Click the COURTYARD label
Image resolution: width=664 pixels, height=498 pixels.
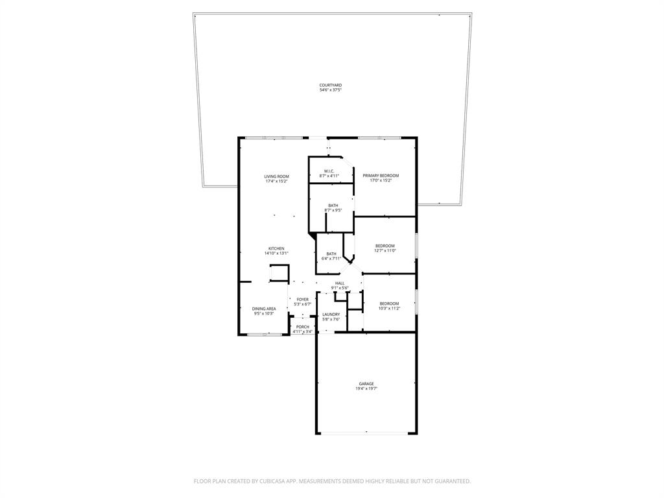[330, 85]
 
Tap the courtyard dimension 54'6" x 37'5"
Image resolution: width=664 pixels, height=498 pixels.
[330, 90]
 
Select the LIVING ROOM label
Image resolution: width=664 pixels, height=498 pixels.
[276, 176]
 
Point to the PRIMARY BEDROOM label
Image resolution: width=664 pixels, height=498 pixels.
[381, 176]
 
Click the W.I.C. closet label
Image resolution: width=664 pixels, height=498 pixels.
[330, 171]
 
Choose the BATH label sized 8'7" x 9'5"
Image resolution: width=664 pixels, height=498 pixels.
[333, 206]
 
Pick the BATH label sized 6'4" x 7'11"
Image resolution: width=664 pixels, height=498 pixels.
[331, 254]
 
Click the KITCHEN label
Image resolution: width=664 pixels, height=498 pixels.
[276, 248]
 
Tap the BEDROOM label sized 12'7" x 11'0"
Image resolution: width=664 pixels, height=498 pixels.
[385, 246]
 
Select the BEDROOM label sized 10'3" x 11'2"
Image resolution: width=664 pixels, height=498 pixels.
[389, 303]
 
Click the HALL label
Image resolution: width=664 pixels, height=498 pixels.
[340, 283]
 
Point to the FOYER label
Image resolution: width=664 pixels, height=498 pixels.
[303, 300]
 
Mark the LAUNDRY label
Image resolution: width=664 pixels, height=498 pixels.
[331, 314]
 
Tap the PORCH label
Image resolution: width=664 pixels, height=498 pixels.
[302, 327]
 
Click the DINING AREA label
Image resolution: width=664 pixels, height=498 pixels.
[264, 309]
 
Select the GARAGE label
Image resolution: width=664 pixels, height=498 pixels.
[366, 383]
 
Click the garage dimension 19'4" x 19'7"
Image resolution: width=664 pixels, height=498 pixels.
[366, 388]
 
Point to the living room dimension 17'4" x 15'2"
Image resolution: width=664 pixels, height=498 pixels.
[276, 182]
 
